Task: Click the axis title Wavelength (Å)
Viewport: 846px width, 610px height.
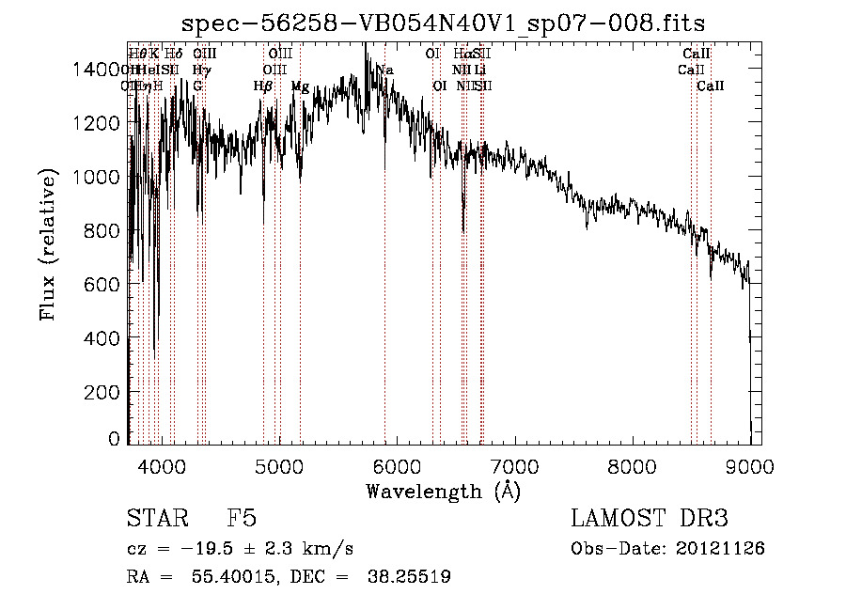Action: pos(444,491)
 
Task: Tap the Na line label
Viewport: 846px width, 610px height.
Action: pos(384,70)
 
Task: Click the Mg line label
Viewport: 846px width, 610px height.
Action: pos(300,86)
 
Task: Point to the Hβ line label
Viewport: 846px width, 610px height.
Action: pos(263,86)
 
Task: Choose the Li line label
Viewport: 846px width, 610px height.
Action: pos(479,70)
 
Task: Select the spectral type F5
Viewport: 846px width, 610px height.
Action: pos(242,520)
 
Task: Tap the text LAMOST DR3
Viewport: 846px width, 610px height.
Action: pos(650,520)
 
